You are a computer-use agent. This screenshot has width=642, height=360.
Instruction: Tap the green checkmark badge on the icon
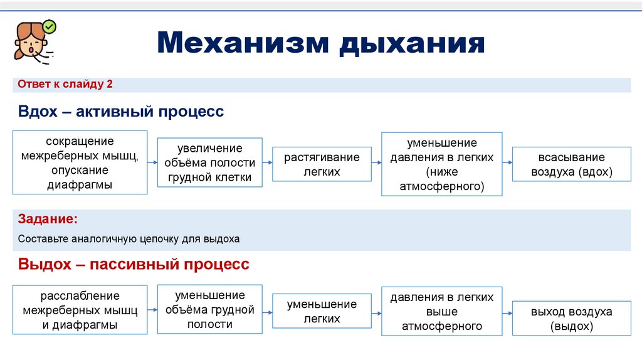coord(49,27)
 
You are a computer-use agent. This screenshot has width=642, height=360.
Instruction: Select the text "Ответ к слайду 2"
coord(65,85)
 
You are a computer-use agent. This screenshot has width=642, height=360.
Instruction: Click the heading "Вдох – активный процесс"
coord(121,112)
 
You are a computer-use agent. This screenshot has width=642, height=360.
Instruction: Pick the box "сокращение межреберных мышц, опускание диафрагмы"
coord(80,162)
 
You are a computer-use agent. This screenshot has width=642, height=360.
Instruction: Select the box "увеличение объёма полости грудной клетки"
coord(209,163)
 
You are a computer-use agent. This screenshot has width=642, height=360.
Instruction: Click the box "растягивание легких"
coord(322,164)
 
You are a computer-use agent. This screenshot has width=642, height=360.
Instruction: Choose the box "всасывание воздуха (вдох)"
coord(571,164)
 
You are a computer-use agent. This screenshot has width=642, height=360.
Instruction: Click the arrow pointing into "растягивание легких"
coord(267,162)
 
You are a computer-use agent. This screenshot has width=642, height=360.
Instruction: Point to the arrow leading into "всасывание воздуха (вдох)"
coord(507,163)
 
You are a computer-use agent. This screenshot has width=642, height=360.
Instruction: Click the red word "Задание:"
coord(48,220)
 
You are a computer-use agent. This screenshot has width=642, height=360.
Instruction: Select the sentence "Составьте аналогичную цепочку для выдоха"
coord(129,239)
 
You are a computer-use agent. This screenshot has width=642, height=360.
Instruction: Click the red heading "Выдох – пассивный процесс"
coord(134,264)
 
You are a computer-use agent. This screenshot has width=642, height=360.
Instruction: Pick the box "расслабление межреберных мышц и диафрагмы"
coord(80,310)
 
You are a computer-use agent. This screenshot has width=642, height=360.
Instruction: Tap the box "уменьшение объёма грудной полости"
coord(209,309)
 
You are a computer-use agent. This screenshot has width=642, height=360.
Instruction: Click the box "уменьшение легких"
coord(322,311)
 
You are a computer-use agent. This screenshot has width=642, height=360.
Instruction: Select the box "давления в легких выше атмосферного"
coord(442,311)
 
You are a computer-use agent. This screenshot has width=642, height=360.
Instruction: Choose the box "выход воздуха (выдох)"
coord(571,319)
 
